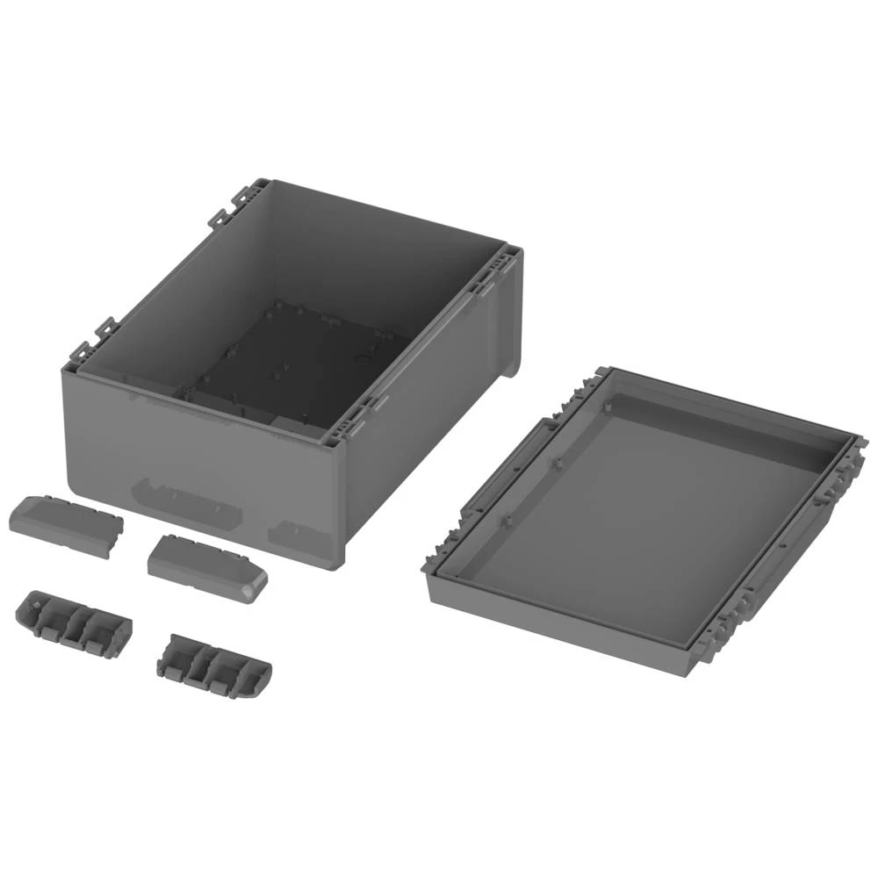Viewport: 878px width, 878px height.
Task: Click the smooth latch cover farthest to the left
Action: pos(66,525)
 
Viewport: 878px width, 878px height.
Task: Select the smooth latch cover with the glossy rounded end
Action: pos(208,568)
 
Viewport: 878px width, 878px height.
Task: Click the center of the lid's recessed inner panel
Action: pos(641,518)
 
